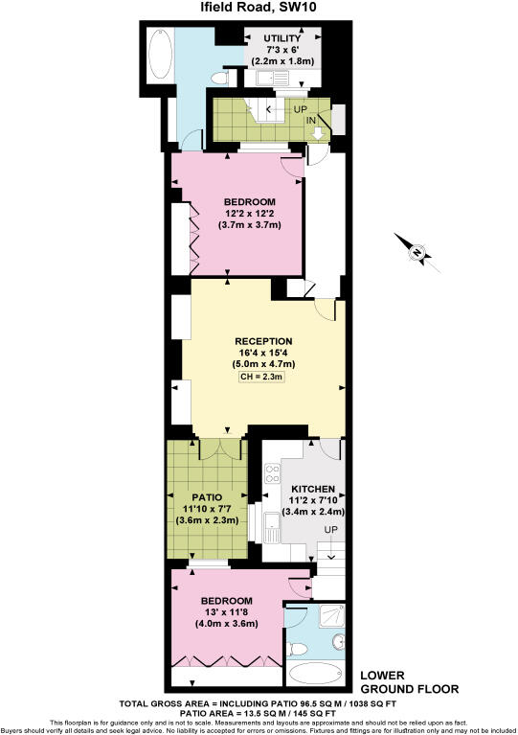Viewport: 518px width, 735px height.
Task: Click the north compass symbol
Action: point(417,252)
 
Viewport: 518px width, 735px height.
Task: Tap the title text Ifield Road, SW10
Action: point(259,9)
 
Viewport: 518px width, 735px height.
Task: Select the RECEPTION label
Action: point(263,341)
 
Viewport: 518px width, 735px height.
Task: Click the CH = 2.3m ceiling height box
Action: point(263,379)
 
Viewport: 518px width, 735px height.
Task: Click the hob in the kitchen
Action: point(272,473)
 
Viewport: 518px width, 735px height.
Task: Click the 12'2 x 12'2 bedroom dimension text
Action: point(251,213)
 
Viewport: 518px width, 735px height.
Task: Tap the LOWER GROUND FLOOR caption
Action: point(409,681)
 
